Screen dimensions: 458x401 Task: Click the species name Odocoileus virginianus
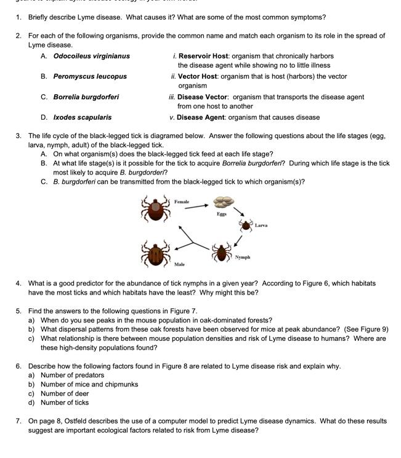coord(91,56)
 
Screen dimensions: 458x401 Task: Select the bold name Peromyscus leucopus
coord(90,76)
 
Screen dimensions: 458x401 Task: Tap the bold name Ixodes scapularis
coord(83,117)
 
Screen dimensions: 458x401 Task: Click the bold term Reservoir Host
coord(203,56)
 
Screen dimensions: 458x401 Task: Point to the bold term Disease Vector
coord(203,97)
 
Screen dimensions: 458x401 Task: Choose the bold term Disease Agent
coord(201,117)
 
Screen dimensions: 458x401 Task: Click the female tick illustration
coord(155,209)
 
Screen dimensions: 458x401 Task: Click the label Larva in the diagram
coord(261,226)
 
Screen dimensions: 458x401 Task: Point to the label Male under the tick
coord(179,264)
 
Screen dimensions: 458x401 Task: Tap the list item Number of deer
coord(65,393)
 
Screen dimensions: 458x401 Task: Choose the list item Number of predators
coord(72,375)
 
